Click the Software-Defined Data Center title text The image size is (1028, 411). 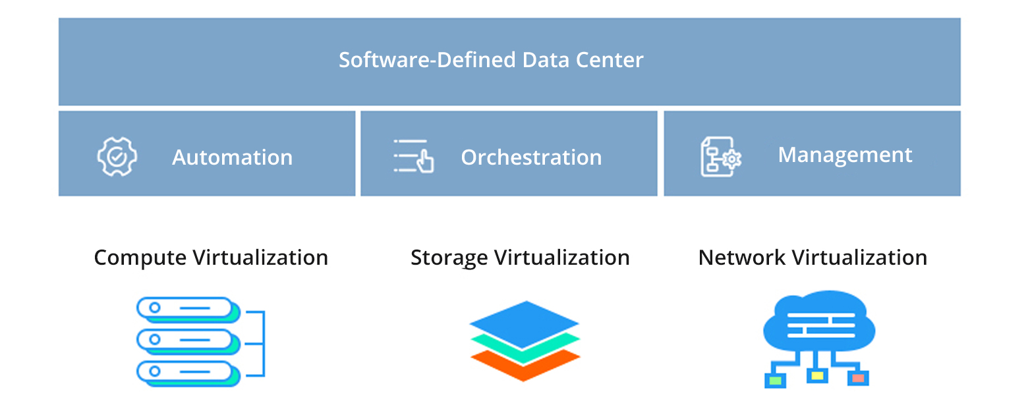[491, 60]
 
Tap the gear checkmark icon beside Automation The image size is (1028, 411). [117, 156]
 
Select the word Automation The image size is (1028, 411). [232, 157]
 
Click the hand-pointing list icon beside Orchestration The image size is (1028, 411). [413, 156]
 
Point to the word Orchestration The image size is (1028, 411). [531, 157]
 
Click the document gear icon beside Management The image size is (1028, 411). [720, 156]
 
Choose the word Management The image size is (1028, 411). [845, 155]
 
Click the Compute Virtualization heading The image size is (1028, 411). [211, 257]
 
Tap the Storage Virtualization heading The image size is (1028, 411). [520, 257]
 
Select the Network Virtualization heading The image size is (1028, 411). [813, 257]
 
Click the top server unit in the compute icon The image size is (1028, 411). [186, 308]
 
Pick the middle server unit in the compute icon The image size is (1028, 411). [186, 339]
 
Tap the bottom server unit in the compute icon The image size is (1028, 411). [186, 371]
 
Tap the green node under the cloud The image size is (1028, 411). [775, 380]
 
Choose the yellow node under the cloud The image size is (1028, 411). [817, 376]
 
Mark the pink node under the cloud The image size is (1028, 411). [858, 378]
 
